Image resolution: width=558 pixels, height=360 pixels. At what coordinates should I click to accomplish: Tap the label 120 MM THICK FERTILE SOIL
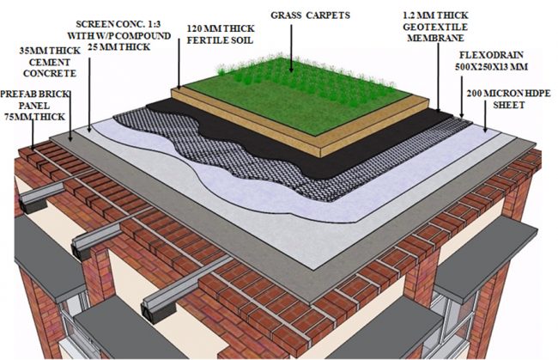click(221, 34)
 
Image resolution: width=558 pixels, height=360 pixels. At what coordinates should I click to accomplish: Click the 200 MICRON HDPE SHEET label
click(501, 98)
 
